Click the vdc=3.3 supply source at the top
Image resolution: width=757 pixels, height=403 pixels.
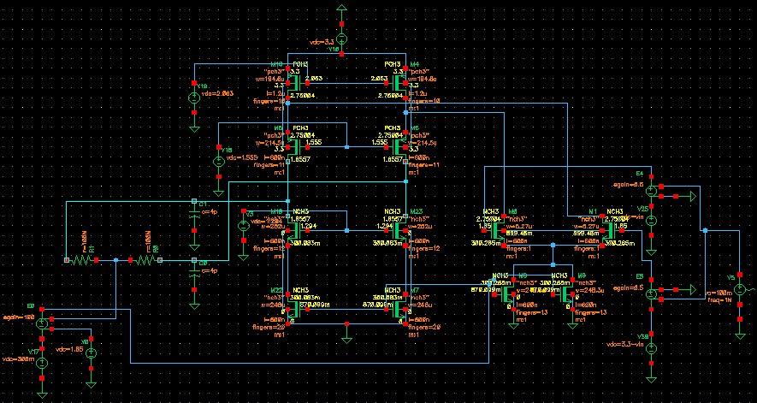point(341,38)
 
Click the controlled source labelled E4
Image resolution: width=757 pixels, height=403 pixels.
point(651,189)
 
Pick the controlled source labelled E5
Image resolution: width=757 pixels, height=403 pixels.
point(651,293)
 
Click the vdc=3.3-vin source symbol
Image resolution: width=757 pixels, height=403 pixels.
point(651,347)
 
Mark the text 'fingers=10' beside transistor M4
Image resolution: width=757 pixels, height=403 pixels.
point(425,101)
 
